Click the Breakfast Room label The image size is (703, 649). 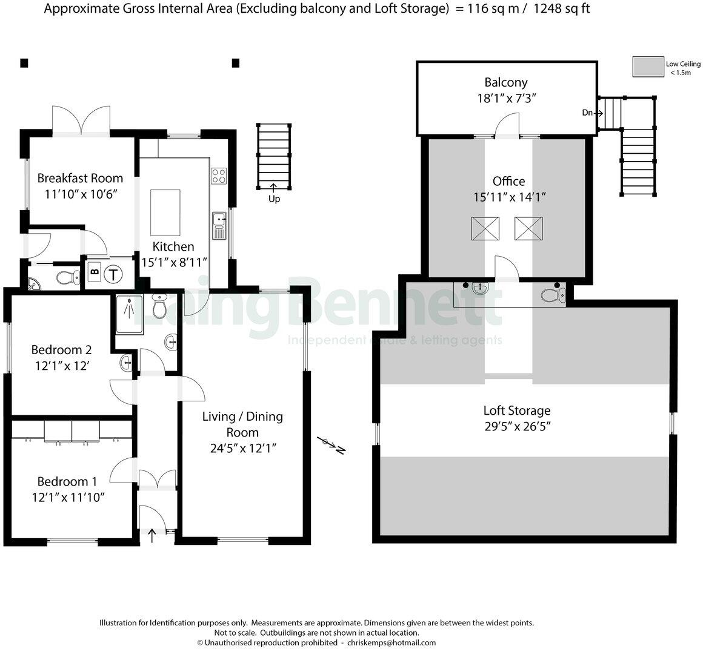coord(80,178)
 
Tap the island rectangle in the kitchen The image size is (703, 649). coord(165,212)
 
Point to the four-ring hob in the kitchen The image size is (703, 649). coord(219,176)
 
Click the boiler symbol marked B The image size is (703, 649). coord(94,273)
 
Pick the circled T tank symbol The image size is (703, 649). coord(113,274)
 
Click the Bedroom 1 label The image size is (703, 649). coord(67,481)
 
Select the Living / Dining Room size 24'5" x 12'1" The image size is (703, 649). coord(242,448)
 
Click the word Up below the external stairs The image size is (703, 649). coord(274,199)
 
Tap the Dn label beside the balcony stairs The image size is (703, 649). coord(587,113)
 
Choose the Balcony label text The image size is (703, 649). coord(506,82)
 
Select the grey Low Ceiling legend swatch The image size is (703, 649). coord(648,67)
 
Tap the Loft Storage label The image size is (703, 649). coord(517,411)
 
